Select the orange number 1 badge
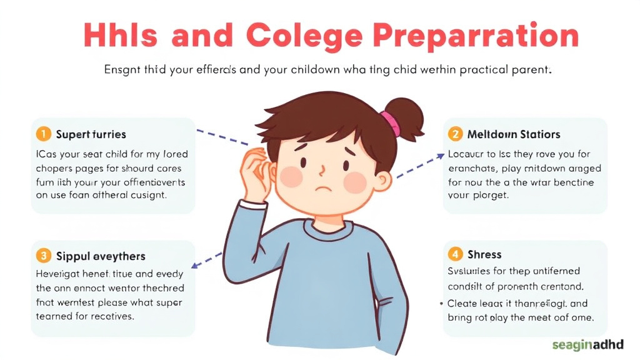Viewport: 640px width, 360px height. tap(42, 134)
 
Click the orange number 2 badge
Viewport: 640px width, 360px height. tap(456, 134)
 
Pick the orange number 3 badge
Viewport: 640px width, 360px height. tap(42, 255)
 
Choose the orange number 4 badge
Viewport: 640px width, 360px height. tap(456, 254)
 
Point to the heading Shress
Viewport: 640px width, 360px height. tap(484, 254)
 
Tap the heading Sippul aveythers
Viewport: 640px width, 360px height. tap(101, 256)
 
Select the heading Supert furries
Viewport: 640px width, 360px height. tap(91, 134)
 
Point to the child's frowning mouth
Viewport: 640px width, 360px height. tap(322, 188)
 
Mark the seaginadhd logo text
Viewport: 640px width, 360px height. tap(588, 344)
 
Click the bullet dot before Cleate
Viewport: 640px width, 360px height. tap(441, 303)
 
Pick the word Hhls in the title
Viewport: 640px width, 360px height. tap(119, 36)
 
